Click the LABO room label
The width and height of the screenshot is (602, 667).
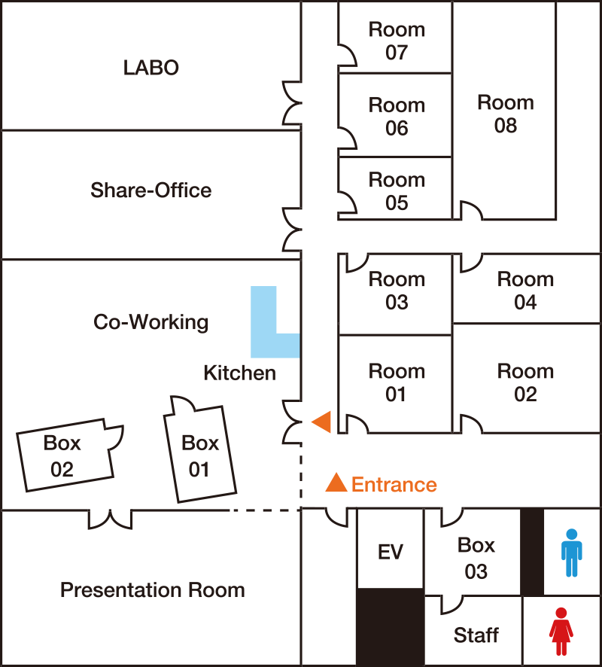[151, 68]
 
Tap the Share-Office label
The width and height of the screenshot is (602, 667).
[151, 190]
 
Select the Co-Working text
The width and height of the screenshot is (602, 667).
[151, 322]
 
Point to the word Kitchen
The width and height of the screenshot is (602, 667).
[240, 373]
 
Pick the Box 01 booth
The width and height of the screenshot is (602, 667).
[200, 453]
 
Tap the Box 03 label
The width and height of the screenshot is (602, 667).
[476, 558]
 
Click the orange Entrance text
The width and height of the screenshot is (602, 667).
[394, 485]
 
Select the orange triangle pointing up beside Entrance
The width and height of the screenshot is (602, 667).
[336, 483]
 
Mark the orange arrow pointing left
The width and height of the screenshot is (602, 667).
[322, 422]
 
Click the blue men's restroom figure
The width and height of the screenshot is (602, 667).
[572, 553]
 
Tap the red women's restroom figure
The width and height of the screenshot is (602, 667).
[561, 632]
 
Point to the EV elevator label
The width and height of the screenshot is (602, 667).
[391, 552]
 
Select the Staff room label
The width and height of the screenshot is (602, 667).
[476, 635]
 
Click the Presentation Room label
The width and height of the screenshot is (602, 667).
[153, 590]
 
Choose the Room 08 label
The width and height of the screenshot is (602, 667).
[506, 114]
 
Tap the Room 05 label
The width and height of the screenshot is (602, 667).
[397, 191]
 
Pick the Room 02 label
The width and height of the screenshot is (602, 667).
[525, 383]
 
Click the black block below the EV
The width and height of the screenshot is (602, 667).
[391, 626]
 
